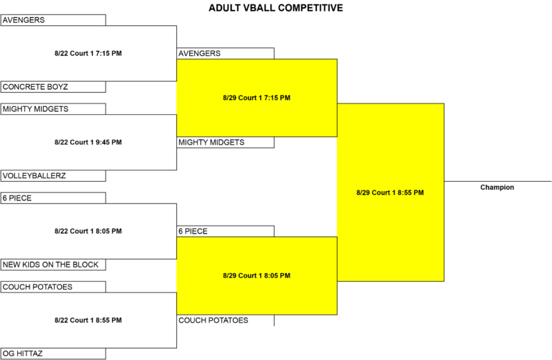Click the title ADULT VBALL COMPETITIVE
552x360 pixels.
[x=276, y=8]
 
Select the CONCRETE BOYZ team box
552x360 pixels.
[x=53, y=87]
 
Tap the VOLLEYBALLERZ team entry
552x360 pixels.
[x=53, y=175]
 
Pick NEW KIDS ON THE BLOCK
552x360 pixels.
[x=53, y=264]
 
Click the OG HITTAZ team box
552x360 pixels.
[x=53, y=354]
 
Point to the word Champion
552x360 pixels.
[x=497, y=188]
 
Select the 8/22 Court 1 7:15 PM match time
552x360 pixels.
[x=88, y=53]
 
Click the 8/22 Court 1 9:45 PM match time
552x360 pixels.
[x=88, y=142]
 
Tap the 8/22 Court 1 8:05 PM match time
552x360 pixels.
[x=88, y=231]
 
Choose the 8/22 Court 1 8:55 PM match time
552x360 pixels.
[x=88, y=320]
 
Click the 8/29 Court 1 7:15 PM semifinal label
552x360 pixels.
[x=257, y=98]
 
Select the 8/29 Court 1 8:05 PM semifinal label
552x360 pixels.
[x=257, y=275]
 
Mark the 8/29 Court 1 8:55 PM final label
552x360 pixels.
[x=390, y=193]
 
